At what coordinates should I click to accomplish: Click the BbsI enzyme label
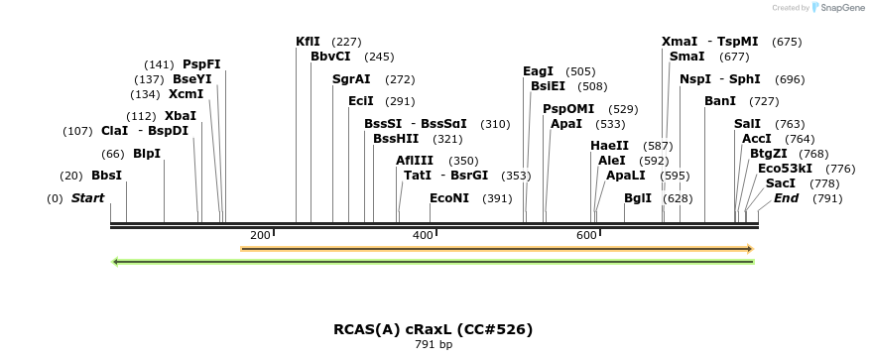[x=106, y=176]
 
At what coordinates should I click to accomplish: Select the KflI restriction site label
[x=308, y=42]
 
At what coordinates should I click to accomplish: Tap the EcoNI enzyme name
[x=449, y=198]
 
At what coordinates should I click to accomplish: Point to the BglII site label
[x=638, y=198]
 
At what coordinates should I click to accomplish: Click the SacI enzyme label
[x=781, y=183]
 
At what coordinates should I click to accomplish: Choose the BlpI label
[x=147, y=154]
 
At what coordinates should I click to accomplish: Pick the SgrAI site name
[x=351, y=79]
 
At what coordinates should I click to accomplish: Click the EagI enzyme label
[x=538, y=71]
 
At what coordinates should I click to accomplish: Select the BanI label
[x=720, y=101]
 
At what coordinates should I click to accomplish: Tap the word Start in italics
[x=87, y=198]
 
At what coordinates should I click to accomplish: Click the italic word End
[x=787, y=198]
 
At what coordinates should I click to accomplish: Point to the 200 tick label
[x=260, y=235]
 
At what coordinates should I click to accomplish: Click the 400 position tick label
[x=423, y=235]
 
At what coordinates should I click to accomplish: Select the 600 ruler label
[x=586, y=235]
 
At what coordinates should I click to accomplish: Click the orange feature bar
[x=496, y=248]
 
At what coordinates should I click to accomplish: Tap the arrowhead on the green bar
[x=116, y=262]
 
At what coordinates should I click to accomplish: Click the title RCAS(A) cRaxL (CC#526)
[x=433, y=328]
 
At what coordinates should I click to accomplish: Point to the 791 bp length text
[x=433, y=345]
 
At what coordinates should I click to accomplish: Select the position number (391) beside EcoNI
[x=497, y=198]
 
